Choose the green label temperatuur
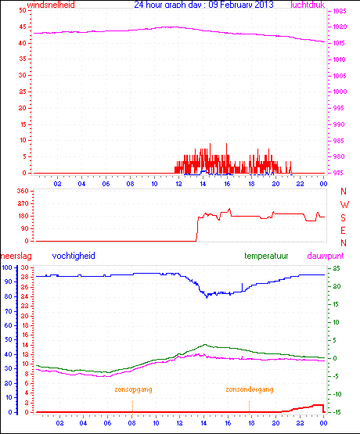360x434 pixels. tap(268, 256)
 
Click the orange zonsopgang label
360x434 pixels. tap(132, 389)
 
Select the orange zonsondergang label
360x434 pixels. tap(250, 389)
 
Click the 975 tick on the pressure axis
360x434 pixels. tap(337, 174)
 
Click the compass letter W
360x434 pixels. tap(343, 204)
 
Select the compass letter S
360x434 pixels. tap(343, 217)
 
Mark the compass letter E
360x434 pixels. tap(343, 229)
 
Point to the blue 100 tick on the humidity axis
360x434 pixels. tap(7, 267)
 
